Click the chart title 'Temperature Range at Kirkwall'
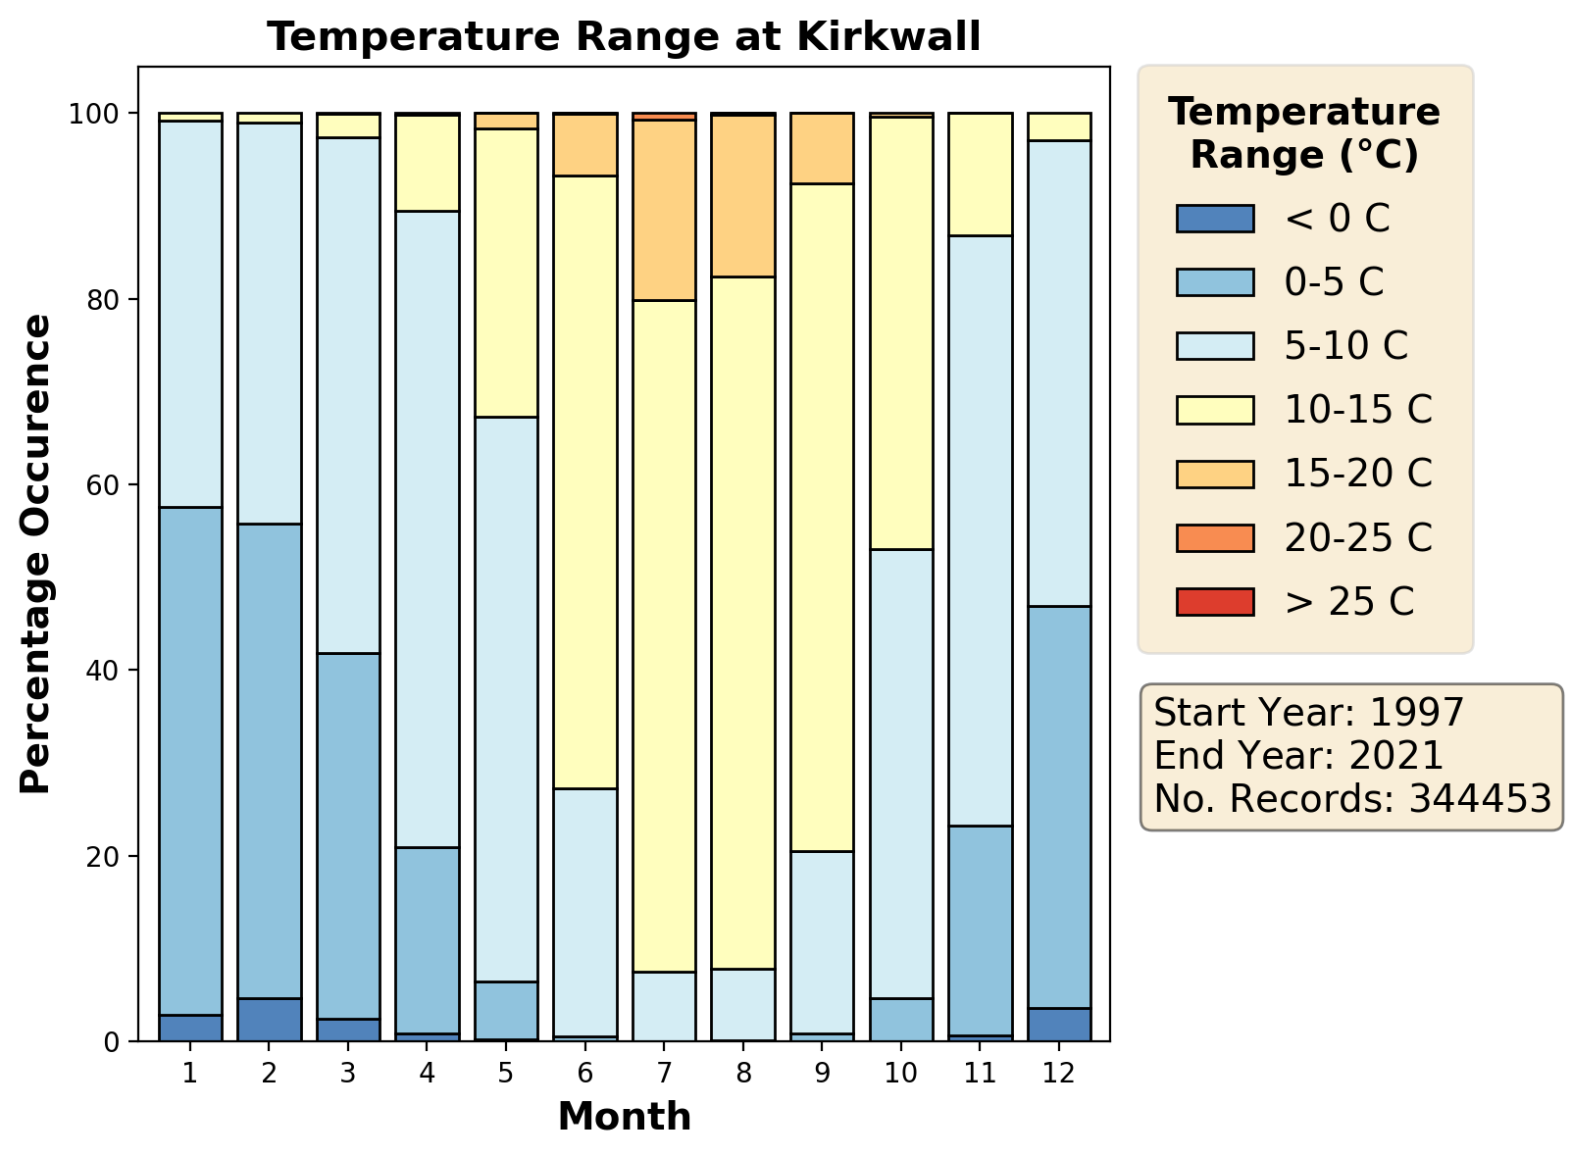coord(624,36)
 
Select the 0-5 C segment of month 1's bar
coord(190,761)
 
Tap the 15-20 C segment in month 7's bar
coord(664,210)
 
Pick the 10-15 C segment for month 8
coord(742,624)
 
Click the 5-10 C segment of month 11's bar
coord(980,530)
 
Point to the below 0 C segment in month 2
coord(270,1020)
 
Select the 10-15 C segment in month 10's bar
coord(901,333)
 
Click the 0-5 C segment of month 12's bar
coord(1059,808)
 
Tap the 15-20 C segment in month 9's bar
coord(822,148)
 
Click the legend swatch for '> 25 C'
coord(1215,602)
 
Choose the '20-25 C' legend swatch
coord(1215,537)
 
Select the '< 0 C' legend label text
coord(1337,218)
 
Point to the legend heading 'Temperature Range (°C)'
coord(1304,133)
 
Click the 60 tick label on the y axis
coord(102,485)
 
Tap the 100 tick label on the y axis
coord(94,114)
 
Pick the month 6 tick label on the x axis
coord(584,1073)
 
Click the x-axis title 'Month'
coord(625,1116)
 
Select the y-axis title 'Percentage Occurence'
coord(35,554)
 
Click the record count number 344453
coord(1480,798)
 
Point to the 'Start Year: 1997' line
coord(1309,712)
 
